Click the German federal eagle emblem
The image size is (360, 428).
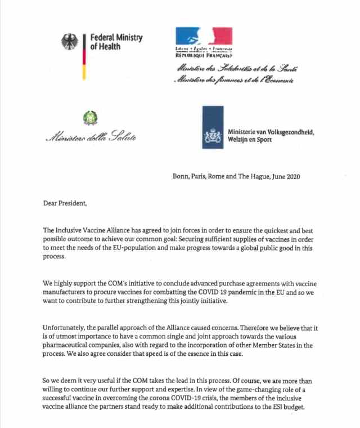(70, 42)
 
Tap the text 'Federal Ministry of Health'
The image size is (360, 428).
(116, 42)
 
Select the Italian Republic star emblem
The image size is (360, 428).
(90, 118)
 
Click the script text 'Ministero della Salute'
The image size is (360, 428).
(91, 137)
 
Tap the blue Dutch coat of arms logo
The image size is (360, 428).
(213, 127)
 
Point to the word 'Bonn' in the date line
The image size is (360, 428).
(181, 176)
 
